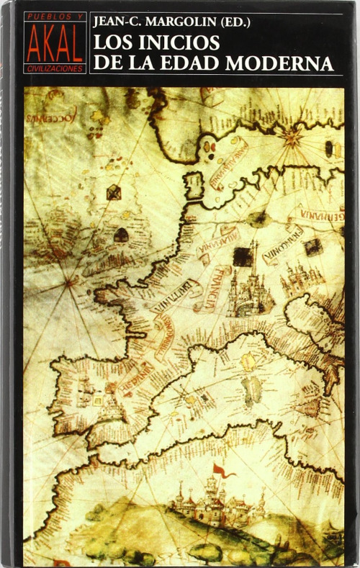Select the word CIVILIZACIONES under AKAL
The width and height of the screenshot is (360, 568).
[x=55, y=68]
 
